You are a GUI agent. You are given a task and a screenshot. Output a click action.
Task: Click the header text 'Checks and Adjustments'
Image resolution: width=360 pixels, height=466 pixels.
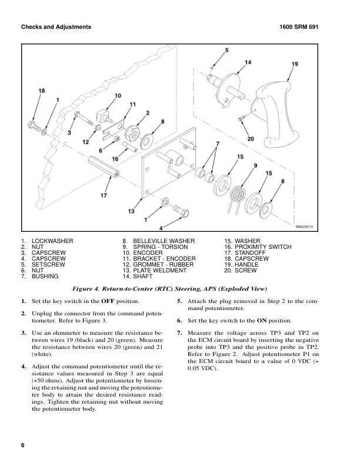coord(56,27)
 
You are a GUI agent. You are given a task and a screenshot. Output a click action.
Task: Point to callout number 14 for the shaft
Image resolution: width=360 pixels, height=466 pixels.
coord(248,62)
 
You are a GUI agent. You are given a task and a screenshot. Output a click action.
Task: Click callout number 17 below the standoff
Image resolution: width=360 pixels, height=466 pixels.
coord(104,195)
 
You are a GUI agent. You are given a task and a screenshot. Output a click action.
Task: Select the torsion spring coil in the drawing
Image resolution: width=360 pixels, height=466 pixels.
coord(238,195)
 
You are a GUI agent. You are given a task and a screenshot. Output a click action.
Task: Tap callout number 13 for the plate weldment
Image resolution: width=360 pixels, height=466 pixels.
coord(131,211)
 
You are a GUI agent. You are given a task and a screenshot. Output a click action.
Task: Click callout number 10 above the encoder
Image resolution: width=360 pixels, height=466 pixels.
coord(118,95)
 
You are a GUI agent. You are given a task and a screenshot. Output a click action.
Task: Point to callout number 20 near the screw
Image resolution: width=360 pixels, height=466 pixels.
coord(251,139)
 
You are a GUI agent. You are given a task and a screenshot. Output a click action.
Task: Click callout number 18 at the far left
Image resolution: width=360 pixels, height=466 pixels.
coord(42,91)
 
